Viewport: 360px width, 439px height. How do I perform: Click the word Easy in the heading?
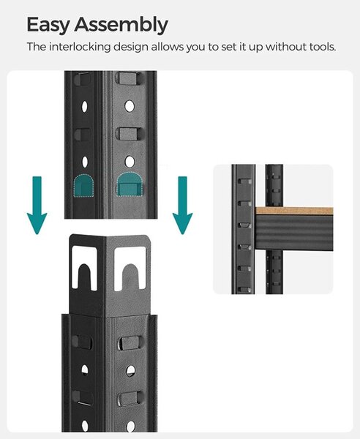tap(48, 25)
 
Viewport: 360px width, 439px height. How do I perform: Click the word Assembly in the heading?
tap(121, 25)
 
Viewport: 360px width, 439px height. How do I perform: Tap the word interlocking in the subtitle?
tap(80, 47)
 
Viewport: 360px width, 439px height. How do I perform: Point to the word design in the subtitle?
tap(131, 47)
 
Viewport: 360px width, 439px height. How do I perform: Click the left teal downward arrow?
tap(37, 205)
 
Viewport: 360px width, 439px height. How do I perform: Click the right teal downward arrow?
tap(182, 205)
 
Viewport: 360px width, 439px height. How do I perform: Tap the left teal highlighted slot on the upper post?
tap(83, 186)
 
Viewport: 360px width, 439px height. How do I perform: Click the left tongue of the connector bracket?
tap(84, 276)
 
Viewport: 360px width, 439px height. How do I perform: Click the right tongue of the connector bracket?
tap(130, 276)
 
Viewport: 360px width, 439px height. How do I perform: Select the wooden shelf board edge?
tap(294, 211)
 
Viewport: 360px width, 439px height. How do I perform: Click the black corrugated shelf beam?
tap(294, 232)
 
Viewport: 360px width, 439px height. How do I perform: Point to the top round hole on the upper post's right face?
tap(130, 106)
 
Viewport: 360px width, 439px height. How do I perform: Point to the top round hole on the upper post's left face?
tap(84, 106)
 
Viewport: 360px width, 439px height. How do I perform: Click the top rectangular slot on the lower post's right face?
tap(130, 343)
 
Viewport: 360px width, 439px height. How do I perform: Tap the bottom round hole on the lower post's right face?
tap(130, 427)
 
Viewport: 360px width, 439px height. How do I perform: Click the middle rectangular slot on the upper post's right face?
tap(130, 134)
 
